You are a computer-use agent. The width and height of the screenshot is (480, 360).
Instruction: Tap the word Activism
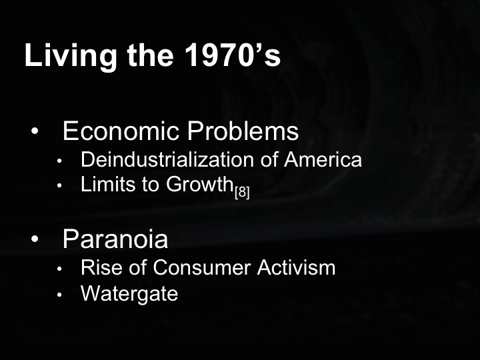[293, 267]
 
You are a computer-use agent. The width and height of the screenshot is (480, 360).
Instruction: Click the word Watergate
[129, 293]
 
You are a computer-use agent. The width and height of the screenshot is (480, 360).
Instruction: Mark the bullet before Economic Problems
[35, 131]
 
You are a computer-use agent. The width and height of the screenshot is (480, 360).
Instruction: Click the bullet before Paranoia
[35, 239]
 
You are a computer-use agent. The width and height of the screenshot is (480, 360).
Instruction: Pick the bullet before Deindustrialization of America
[59, 161]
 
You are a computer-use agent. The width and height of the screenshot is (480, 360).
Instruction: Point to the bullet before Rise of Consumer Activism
[59, 269]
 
